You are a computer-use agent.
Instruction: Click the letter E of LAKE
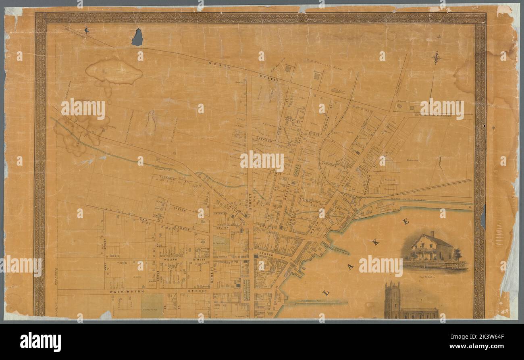click(x=406, y=221)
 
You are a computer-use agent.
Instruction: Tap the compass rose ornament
click(x=436, y=58)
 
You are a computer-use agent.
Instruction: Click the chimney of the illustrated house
click(x=433, y=234)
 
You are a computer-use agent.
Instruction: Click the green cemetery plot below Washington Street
click(x=152, y=305)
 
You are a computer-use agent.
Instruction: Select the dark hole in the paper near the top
click(x=137, y=37)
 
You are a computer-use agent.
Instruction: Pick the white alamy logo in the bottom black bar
click(x=41, y=342)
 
